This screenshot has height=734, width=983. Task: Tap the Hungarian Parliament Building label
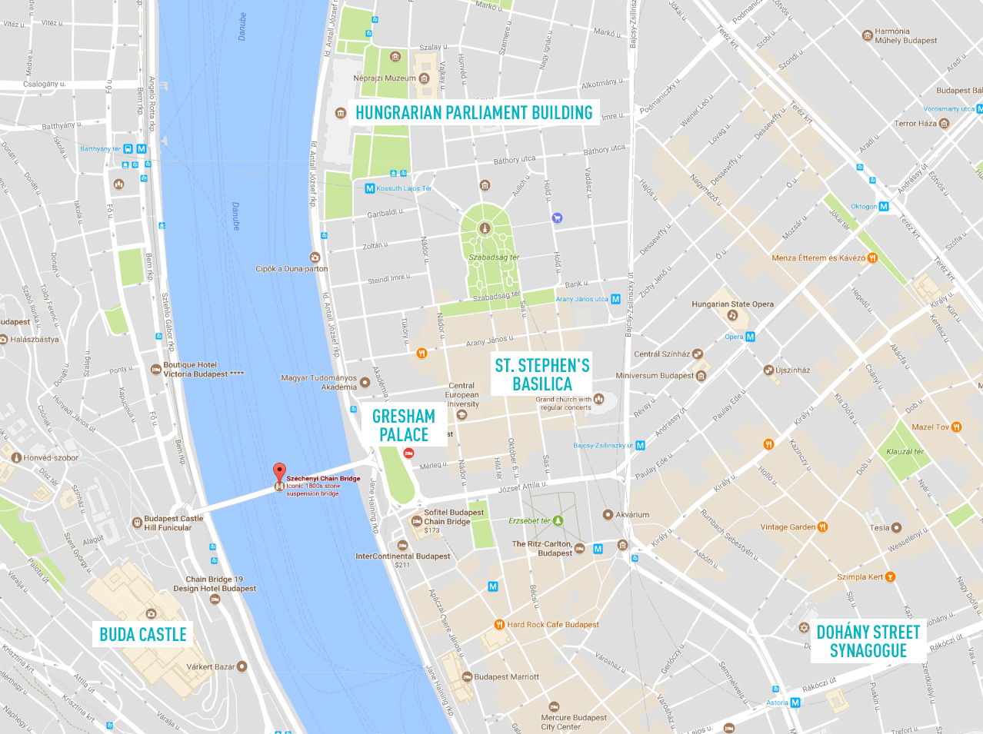[474, 112]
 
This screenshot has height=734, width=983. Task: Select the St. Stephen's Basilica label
[542, 374]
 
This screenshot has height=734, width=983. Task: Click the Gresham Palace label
[404, 425]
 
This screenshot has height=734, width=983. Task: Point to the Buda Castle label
[143, 634]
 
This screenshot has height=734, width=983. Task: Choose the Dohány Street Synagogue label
[868, 641]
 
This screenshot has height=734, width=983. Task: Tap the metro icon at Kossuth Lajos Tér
[369, 188]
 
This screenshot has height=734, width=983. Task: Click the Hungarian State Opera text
[732, 304]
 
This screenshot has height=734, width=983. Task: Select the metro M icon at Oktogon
[884, 206]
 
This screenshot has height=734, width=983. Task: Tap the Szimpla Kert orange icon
[891, 576]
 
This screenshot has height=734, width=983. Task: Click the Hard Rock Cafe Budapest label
[552, 624]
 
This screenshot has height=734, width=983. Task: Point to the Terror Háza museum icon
[945, 123]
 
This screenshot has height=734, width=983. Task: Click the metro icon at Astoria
[795, 702]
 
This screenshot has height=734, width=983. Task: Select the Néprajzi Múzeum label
[384, 78]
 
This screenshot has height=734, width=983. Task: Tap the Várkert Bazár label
[210, 666]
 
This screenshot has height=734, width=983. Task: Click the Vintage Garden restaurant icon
[823, 526]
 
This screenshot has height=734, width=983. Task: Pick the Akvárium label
[632, 514]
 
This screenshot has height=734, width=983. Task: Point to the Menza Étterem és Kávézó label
[818, 258]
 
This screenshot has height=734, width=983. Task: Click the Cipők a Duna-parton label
[292, 269]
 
